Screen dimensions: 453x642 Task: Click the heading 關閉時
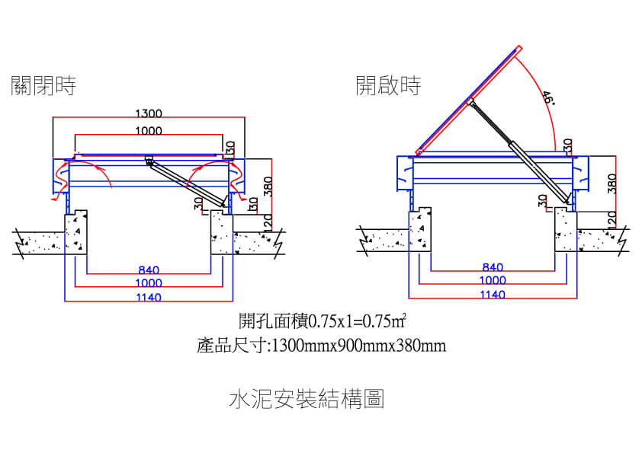(43, 85)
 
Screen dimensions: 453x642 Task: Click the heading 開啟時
(389, 85)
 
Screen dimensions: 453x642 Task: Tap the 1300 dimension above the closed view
(148, 113)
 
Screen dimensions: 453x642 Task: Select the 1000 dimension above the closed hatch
(148, 131)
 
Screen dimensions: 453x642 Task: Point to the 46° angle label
(547, 98)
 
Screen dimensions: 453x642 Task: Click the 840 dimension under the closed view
(149, 270)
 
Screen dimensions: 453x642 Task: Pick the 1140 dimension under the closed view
(149, 297)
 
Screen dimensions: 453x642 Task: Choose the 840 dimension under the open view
(493, 267)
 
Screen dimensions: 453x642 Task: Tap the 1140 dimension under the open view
(493, 295)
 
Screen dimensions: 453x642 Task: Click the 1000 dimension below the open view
(493, 281)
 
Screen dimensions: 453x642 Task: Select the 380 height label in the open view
(612, 183)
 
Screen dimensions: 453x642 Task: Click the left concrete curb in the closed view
(77, 233)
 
